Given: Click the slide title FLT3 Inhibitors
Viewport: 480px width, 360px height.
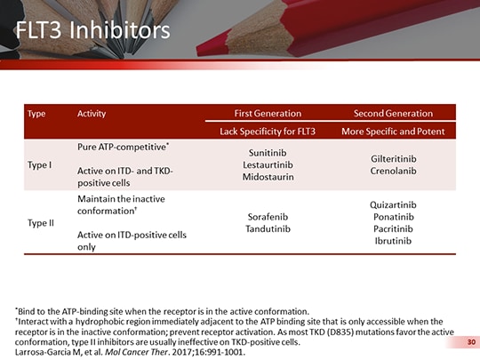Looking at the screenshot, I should coord(93,32).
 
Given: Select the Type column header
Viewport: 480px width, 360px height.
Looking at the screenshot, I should coord(37,114).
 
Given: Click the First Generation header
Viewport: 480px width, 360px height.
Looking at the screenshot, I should coord(268,114).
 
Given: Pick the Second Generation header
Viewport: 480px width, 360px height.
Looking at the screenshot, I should coord(393,114).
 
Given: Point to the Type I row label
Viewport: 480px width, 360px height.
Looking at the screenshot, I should coord(40,164).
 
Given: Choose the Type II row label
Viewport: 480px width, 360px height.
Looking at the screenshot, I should coord(41,222).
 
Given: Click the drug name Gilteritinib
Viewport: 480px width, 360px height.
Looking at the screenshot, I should coord(393,158).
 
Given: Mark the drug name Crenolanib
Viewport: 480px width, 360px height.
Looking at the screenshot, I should coord(393,171).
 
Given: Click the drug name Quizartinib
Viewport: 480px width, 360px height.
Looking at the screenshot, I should coord(393,205).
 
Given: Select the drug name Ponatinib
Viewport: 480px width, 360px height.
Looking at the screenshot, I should coord(393,217).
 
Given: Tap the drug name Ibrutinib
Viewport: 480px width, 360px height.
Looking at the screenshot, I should coord(393,241).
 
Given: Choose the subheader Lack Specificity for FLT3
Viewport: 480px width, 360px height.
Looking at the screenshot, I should coord(268,132).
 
